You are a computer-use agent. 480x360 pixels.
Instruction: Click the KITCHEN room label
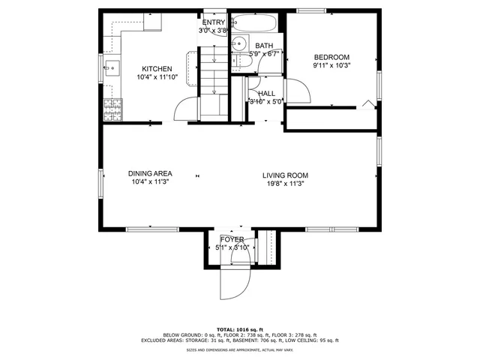coord(157,69)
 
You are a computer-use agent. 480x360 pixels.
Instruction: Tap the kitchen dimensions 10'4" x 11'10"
coord(157,77)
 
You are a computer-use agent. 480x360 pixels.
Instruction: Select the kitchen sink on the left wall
coord(111,69)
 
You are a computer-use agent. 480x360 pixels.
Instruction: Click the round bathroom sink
coord(238,43)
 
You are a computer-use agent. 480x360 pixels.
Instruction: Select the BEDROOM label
coord(331,57)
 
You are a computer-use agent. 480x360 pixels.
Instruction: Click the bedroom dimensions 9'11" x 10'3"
coord(331,65)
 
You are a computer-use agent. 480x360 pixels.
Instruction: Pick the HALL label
coord(265,94)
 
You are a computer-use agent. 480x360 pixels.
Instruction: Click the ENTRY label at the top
coord(214,22)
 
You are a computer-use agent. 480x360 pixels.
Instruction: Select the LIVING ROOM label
coord(285,175)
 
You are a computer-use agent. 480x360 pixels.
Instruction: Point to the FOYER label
coord(229,239)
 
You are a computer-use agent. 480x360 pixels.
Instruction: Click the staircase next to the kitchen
coord(213,82)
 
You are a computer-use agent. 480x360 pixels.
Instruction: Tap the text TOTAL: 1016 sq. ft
coord(240,329)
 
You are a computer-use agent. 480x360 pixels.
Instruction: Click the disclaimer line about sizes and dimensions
coord(240,349)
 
